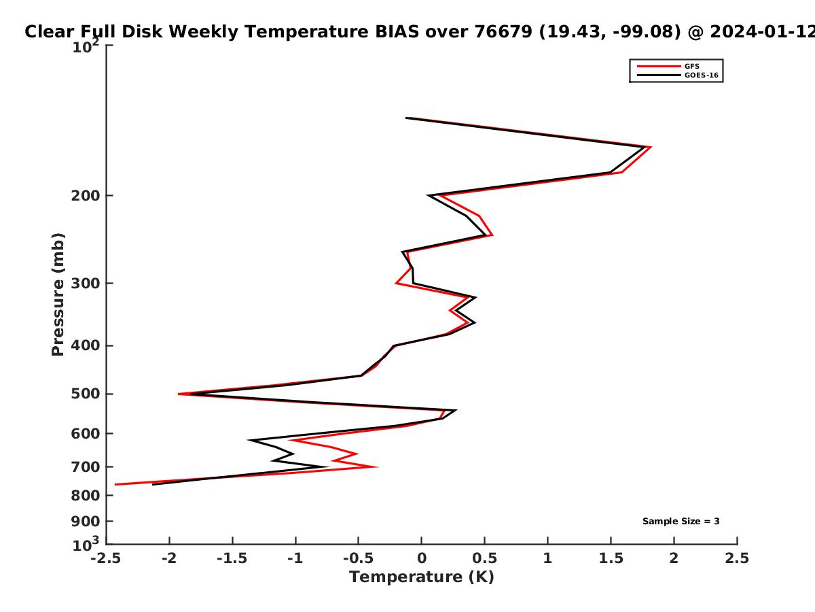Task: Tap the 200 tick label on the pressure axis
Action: tap(86, 196)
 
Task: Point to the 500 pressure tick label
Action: tap(86, 394)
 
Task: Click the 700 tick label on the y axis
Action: tap(86, 467)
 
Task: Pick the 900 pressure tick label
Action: tap(86, 522)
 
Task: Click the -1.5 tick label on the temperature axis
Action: tap(232, 558)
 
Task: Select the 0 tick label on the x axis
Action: tap(422, 558)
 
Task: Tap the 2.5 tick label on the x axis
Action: tap(737, 558)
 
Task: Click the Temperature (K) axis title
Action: tap(422, 577)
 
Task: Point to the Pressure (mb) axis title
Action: tap(58, 294)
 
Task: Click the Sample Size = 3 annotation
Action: tap(681, 522)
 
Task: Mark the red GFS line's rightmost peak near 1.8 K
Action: tap(651, 147)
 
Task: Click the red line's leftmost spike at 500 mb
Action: tap(179, 394)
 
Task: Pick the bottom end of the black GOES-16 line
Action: tap(153, 485)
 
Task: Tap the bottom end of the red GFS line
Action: tap(115, 485)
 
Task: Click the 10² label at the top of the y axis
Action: tap(86, 46)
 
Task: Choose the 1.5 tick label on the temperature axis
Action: tap(611, 558)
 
